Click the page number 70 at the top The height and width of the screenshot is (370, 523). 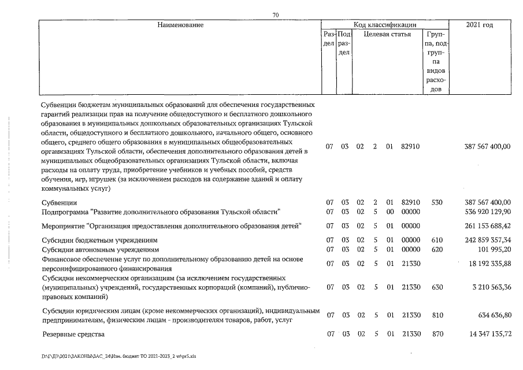276,16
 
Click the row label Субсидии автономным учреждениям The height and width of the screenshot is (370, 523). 100,250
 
